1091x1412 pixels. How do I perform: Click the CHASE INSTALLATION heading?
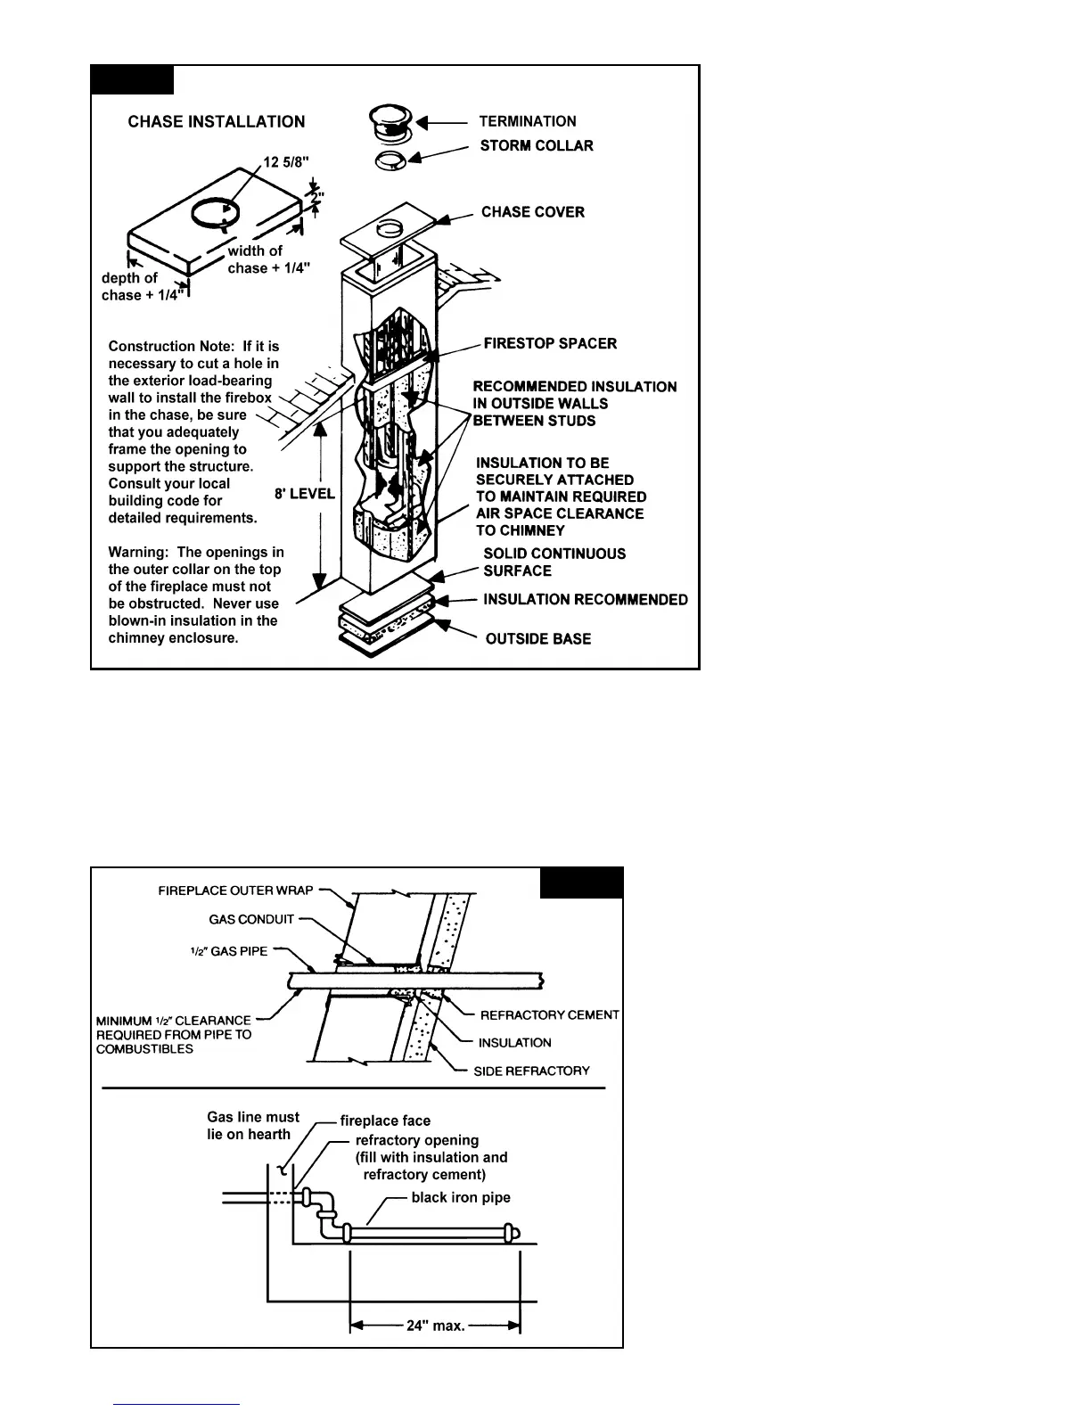point(216,122)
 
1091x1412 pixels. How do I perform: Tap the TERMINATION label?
point(528,121)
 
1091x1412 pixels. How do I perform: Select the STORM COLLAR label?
point(537,145)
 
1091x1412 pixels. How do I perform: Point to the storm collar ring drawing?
point(391,160)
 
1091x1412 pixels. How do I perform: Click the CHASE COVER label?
point(533,212)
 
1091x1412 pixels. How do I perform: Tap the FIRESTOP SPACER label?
point(550,343)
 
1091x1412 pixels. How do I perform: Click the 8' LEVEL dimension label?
point(305,494)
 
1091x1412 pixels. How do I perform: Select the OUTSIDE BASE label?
point(538,639)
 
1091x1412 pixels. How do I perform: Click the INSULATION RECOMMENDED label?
point(586,600)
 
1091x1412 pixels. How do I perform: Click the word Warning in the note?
point(138,553)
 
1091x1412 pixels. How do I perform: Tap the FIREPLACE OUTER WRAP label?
point(235,891)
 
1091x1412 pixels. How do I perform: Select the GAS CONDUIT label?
point(251,919)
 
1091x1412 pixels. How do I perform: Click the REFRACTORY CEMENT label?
point(549,1015)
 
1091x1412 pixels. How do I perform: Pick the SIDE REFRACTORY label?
point(531,1071)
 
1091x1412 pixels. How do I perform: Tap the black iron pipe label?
point(461,1197)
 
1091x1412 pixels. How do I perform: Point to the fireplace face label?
point(385,1121)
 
